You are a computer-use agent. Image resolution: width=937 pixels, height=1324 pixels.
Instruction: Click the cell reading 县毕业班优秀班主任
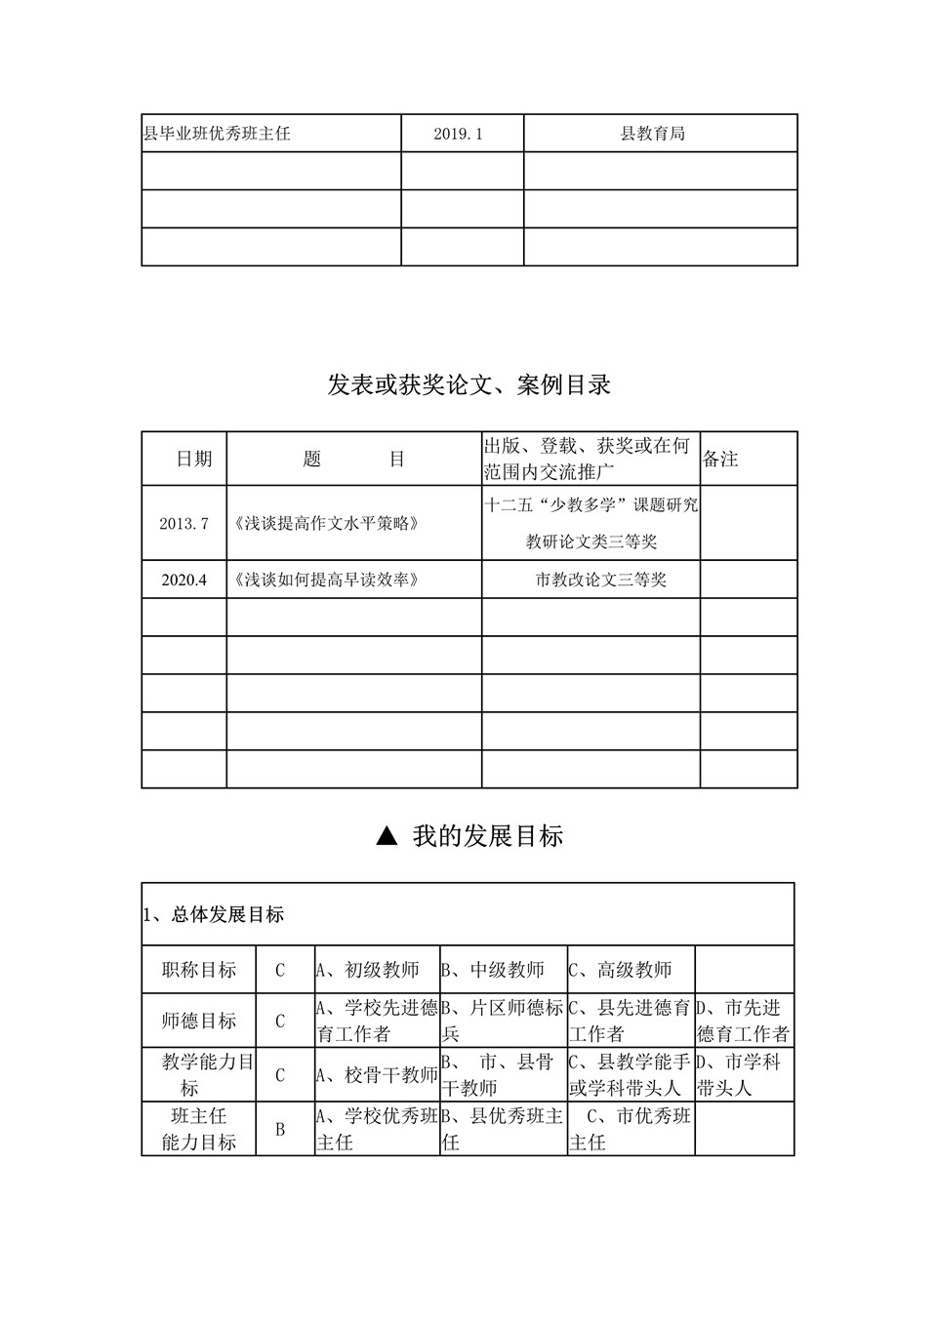point(218,134)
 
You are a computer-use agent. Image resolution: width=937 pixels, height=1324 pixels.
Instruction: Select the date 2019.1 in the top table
point(459,134)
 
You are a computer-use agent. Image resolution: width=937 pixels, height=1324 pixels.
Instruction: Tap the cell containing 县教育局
point(653,134)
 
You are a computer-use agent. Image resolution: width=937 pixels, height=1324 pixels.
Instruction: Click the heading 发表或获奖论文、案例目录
point(469,384)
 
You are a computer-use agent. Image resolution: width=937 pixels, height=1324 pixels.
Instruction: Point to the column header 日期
point(194,459)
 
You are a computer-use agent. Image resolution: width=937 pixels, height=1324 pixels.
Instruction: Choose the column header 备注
point(721,459)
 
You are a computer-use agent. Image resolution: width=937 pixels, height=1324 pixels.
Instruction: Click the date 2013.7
point(184,523)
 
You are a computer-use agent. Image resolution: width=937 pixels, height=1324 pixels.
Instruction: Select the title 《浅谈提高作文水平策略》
point(327,523)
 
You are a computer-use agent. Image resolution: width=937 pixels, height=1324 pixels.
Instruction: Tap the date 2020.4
point(184,580)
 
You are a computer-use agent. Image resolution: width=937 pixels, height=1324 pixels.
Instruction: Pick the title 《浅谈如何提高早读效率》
point(327,580)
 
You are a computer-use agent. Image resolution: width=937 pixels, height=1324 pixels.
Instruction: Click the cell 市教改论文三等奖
point(601,580)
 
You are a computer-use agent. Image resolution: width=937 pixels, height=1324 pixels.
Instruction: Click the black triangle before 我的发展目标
point(387,836)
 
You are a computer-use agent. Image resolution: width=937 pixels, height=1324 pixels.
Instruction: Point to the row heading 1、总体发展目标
point(214,915)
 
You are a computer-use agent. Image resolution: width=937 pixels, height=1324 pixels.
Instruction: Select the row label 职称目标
point(199,970)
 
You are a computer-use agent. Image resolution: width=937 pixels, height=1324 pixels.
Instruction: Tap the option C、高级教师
point(622,970)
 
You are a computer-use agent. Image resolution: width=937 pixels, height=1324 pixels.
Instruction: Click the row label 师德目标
point(199,1021)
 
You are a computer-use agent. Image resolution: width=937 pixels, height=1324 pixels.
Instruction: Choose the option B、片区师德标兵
point(503,1021)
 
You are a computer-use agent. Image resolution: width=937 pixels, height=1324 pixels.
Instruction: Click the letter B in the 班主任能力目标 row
point(280,1129)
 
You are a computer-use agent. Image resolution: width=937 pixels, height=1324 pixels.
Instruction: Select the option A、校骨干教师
point(378,1075)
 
